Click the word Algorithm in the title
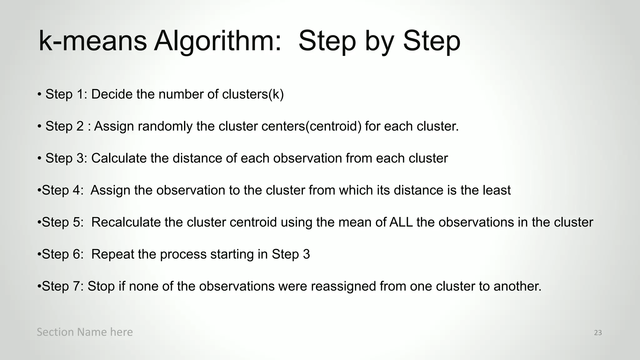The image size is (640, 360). pyautogui.click(x=217, y=41)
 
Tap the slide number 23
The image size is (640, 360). pyautogui.click(x=598, y=333)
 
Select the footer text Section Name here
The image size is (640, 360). pyautogui.click(x=85, y=332)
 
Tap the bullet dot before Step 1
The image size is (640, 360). pyautogui.click(x=39, y=94)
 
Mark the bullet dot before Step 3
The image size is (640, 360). pyautogui.click(x=39, y=158)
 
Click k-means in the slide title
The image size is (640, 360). pyautogui.click(x=92, y=41)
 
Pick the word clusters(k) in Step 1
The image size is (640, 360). pyautogui.click(x=252, y=94)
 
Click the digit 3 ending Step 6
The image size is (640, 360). pyautogui.click(x=306, y=254)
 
